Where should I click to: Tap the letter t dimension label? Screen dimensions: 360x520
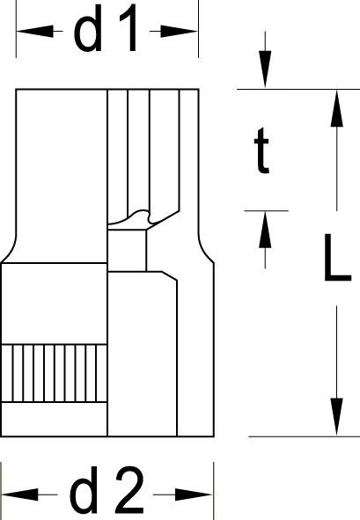[261, 150]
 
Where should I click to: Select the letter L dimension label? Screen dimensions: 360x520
[337, 258]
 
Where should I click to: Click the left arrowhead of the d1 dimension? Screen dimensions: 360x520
[34, 31]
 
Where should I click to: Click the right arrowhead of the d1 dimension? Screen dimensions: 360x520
[180, 32]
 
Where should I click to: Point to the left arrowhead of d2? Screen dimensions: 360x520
[19, 494]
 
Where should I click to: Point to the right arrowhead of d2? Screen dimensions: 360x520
[194, 494]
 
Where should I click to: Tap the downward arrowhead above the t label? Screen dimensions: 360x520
[265, 70]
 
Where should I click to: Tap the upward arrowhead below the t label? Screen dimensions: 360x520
[265, 230]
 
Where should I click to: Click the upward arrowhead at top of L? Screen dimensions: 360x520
[337, 108]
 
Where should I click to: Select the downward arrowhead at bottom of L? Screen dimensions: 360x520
[337, 417]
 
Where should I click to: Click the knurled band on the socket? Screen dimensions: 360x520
[54, 373]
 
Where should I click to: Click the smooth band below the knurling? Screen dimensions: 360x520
[54, 420]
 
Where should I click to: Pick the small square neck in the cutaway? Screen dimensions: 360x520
[127, 251]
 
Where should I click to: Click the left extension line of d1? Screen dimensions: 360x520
[16, 29]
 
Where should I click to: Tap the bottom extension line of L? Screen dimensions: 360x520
[304, 436]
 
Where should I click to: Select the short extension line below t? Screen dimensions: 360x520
[266, 210]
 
